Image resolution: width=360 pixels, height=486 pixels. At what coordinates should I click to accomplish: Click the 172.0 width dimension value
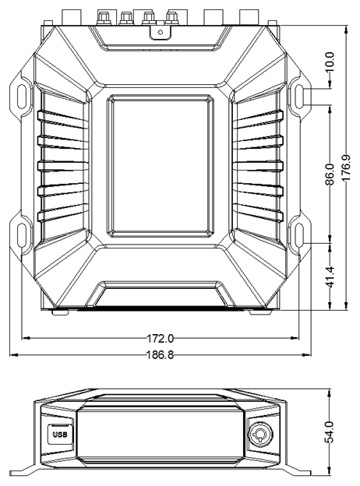click(160, 338)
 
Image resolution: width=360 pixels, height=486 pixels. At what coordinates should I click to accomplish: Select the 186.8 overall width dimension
click(160, 354)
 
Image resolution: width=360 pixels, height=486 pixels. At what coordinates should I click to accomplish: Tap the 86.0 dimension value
click(330, 174)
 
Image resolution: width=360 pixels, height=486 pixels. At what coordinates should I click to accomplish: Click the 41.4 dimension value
click(330, 276)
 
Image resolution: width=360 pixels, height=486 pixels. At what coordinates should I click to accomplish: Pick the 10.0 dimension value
click(330, 62)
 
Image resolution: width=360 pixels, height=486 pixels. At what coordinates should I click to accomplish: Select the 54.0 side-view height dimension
click(330, 431)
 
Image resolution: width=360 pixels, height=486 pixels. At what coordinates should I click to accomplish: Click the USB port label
click(60, 435)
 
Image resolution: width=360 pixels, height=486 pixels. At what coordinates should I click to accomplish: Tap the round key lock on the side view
click(259, 432)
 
